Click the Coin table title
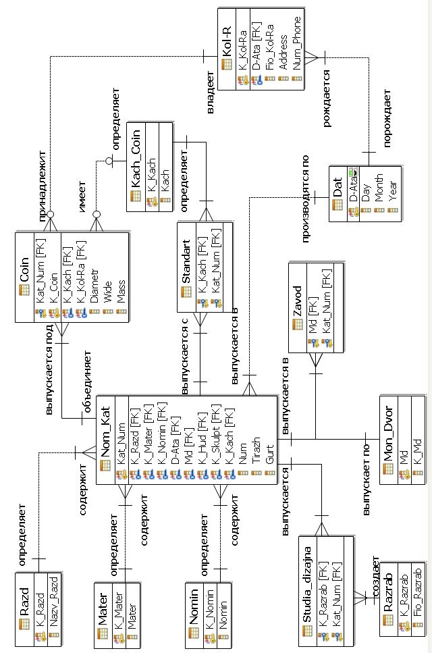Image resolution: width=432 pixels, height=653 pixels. click(x=25, y=269)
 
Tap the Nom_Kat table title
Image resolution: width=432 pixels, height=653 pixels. click(x=106, y=430)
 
